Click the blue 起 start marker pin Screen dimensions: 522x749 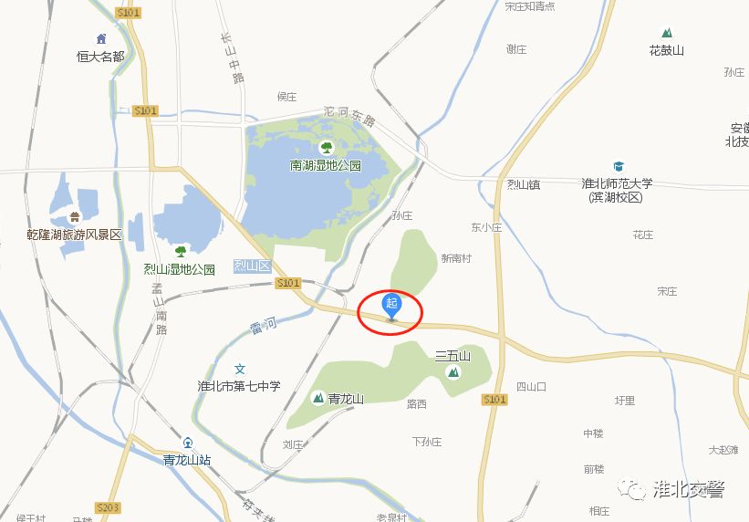[x=392, y=305]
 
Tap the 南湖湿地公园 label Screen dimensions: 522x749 [x=326, y=166]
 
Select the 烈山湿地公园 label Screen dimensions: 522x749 [x=179, y=269]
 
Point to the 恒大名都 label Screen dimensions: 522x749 [x=100, y=56]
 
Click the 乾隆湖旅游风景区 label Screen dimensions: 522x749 [x=75, y=235]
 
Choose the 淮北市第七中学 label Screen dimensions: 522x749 [x=239, y=386]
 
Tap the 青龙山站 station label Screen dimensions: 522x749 [x=187, y=460]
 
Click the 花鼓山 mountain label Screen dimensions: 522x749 [x=666, y=50]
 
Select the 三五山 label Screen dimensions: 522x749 [x=452, y=355]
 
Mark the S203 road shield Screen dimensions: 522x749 [x=108, y=506]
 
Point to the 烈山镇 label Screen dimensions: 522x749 [x=524, y=184]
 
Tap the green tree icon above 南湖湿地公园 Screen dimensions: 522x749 [x=326, y=146]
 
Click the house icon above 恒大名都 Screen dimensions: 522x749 [x=100, y=39]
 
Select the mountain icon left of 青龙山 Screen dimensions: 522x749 [x=318, y=398]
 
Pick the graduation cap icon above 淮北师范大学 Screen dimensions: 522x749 [x=619, y=167]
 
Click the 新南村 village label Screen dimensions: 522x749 [x=456, y=258]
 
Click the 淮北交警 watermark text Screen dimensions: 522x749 [x=689, y=489]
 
